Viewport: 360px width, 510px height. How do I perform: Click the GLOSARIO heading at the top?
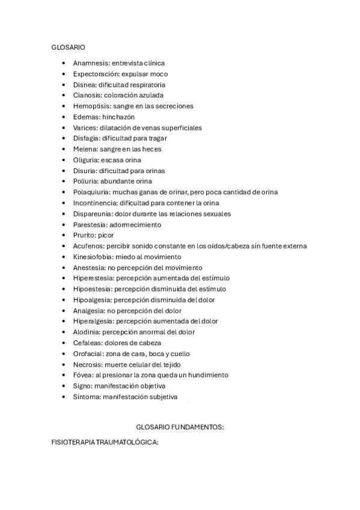pyautogui.click(x=67, y=46)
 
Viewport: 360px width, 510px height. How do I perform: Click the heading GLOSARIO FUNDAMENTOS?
pyautogui.click(x=180, y=426)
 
